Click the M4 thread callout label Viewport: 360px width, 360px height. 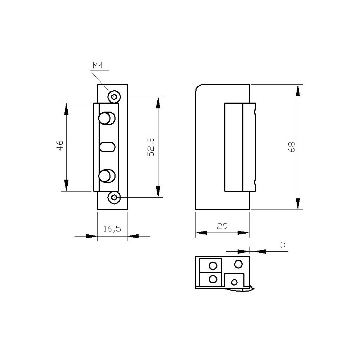click(98, 66)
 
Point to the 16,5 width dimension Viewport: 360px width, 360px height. click(112, 229)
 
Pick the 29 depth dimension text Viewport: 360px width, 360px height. click(222, 226)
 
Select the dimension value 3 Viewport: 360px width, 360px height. click(283, 245)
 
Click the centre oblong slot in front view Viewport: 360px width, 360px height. click(107, 147)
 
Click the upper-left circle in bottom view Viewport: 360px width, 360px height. click(213, 266)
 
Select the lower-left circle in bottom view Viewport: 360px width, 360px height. click(213, 279)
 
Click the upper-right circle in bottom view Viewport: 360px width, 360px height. click(238, 264)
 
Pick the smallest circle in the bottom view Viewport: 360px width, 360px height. click(234, 282)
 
